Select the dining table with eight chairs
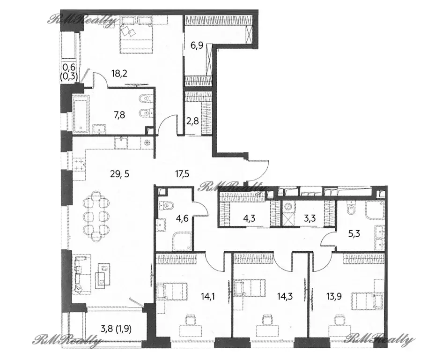point(96,213)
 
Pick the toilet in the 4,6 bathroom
point(166,205)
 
